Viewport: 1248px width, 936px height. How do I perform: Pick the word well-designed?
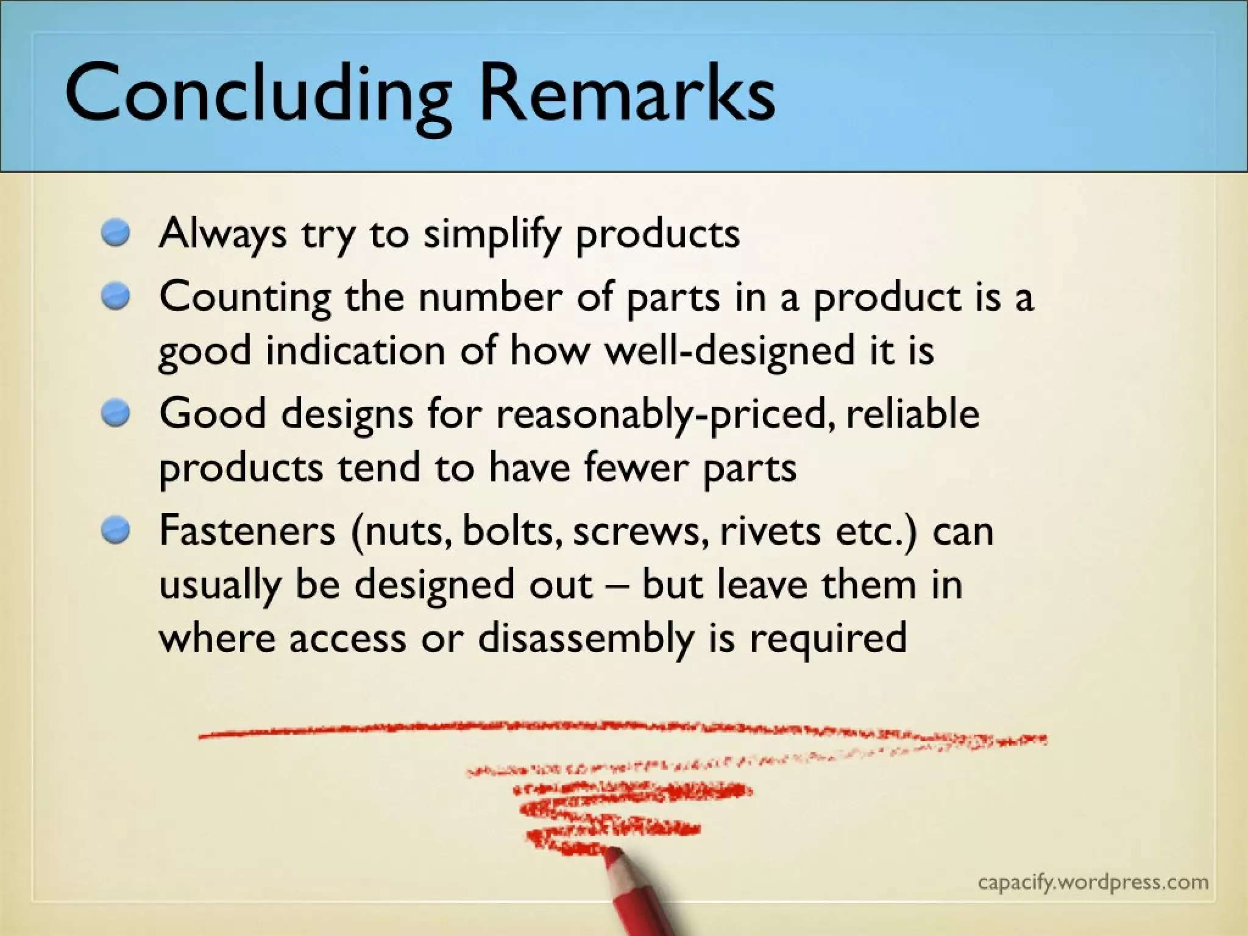(731, 352)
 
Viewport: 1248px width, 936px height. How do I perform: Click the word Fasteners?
(247, 530)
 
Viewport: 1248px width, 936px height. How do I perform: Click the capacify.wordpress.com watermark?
(1093, 882)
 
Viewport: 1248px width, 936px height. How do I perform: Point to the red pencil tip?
(612, 853)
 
